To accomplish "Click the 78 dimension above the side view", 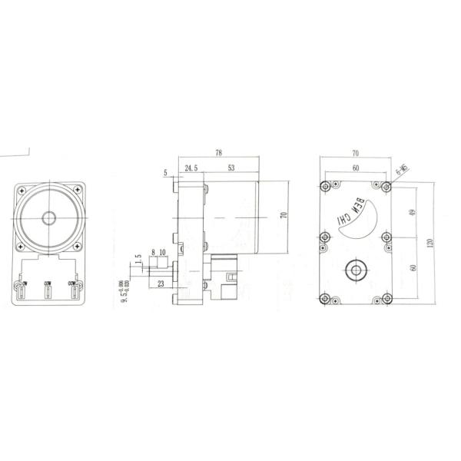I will coord(218,153).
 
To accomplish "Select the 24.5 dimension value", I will coord(192,167).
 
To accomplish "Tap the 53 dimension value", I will coord(231,167).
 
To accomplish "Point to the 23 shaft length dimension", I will coord(160,284).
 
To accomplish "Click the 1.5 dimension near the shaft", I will coord(138,260).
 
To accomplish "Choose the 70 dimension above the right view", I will coord(355,154).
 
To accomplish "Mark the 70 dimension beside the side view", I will coord(283,216).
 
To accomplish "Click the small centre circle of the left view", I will coord(48,217).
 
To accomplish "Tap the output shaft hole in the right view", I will coord(355,270).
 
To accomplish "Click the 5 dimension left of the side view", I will coord(167,174).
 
